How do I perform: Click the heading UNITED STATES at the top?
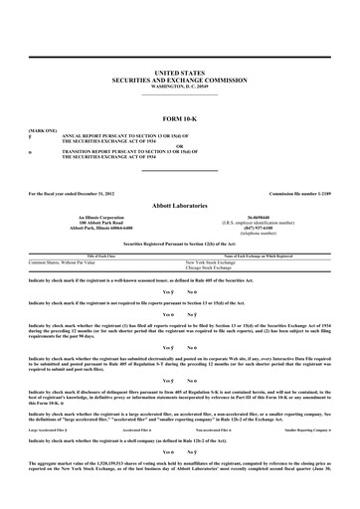point(179,74)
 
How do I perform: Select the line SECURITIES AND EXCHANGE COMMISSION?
point(179,81)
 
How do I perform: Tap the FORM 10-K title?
point(179,119)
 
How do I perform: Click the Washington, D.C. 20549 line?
point(179,86)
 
